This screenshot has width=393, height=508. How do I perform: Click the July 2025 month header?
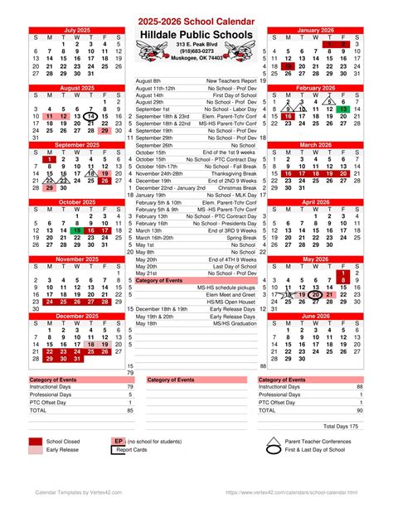(x=76, y=30)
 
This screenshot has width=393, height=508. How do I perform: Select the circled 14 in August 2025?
(x=90, y=117)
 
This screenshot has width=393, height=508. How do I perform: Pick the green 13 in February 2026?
(x=344, y=109)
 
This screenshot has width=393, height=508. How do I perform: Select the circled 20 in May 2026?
(x=316, y=294)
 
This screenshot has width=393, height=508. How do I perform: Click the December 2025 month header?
(x=76, y=316)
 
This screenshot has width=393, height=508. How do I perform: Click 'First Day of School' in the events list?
(x=234, y=95)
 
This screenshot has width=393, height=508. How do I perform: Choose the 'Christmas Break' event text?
(x=236, y=188)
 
